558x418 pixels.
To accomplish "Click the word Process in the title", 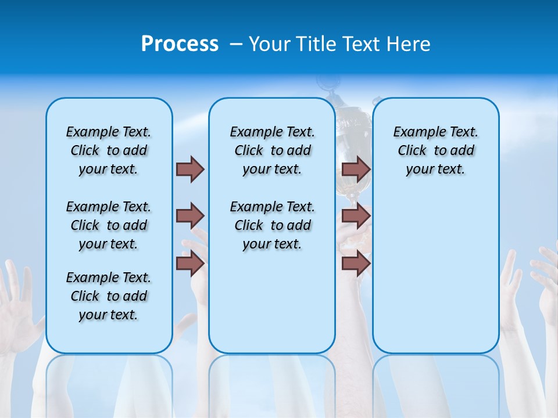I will coord(180,44).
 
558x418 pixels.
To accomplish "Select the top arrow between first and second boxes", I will coord(190,169).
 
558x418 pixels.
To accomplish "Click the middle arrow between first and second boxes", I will coord(190,216).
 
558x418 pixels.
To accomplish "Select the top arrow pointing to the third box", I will coord(356,169).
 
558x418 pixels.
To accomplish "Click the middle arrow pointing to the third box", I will coord(356,216).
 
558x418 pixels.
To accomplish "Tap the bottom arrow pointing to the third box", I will coord(356,264).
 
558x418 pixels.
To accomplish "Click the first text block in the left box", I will coord(109,150).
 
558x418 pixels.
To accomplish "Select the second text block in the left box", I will coord(109,225).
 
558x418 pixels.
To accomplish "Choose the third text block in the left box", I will coord(109,296).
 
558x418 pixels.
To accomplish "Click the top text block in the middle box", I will coord(272,150).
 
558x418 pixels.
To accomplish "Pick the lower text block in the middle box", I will coord(272,225).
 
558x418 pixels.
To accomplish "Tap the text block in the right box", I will coord(435,150).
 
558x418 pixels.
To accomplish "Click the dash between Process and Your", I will coord(236,45).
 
